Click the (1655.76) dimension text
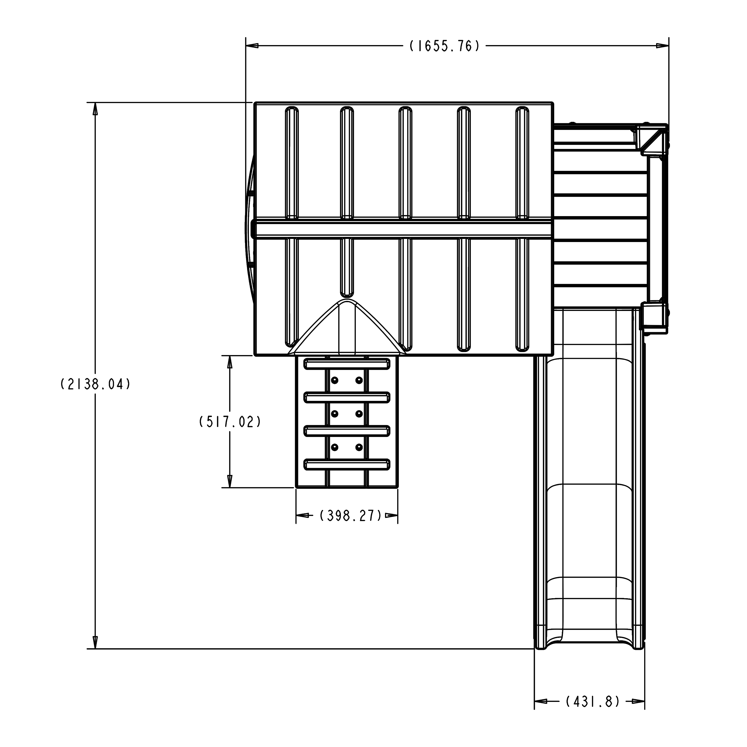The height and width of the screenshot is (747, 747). (x=445, y=46)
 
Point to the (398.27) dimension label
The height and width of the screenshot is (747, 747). (x=351, y=515)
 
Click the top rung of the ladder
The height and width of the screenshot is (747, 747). (x=347, y=364)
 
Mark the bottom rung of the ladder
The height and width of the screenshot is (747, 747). (x=347, y=464)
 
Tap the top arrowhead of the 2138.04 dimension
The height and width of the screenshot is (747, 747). (x=95, y=109)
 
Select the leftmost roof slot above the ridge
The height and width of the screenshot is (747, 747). (x=292, y=162)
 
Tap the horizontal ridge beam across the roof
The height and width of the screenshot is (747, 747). (x=402, y=229)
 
